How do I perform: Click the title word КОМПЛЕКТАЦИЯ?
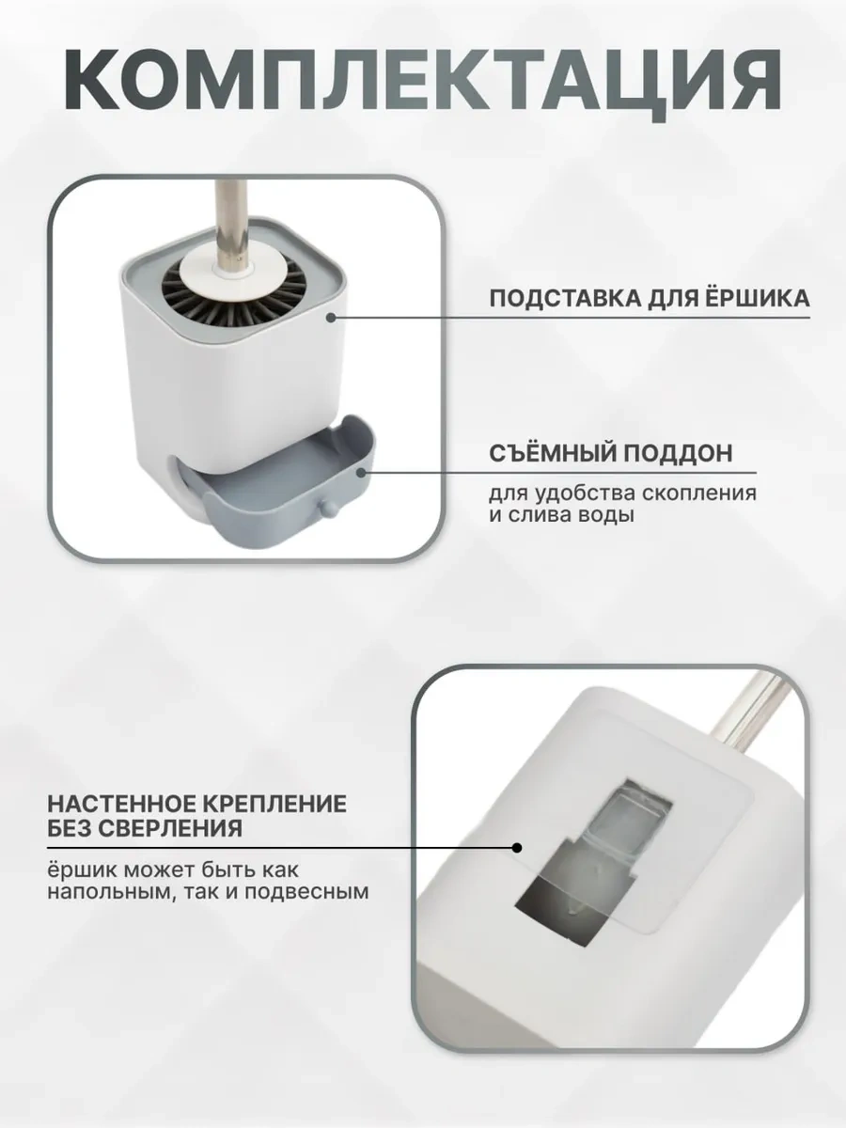click(423, 80)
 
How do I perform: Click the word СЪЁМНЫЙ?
click(552, 452)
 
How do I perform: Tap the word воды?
click(606, 515)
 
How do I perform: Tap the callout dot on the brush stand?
click(331, 318)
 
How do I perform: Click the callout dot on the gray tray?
click(361, 472)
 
